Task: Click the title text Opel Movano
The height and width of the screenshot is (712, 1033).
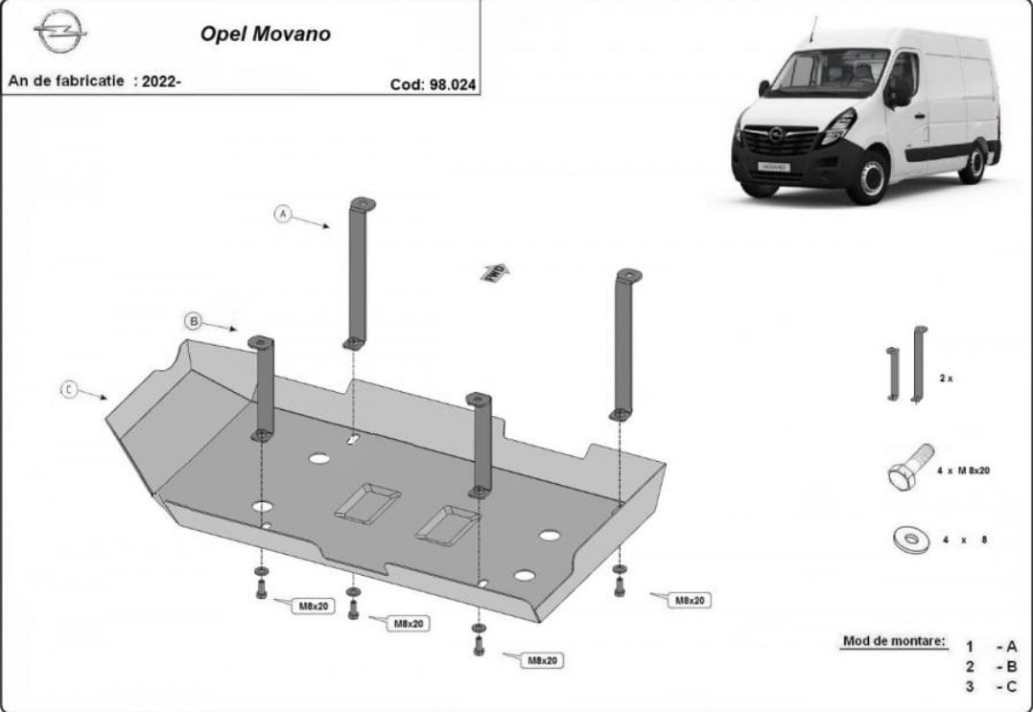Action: point(265,34)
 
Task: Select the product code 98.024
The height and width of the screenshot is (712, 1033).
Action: point(433,84)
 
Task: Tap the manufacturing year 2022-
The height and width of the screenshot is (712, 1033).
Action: point(162,81)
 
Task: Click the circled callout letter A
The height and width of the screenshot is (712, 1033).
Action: point(283,214)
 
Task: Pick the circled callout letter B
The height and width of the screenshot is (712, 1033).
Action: point(194,321)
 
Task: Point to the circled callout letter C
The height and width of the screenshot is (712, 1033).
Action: point(69,389)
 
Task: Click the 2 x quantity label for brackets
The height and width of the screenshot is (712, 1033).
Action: point(946,379)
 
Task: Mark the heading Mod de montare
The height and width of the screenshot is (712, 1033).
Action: point(894,640)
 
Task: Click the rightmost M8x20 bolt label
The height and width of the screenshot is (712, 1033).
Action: point(690,600)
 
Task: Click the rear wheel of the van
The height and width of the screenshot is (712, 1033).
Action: point(973,163)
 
